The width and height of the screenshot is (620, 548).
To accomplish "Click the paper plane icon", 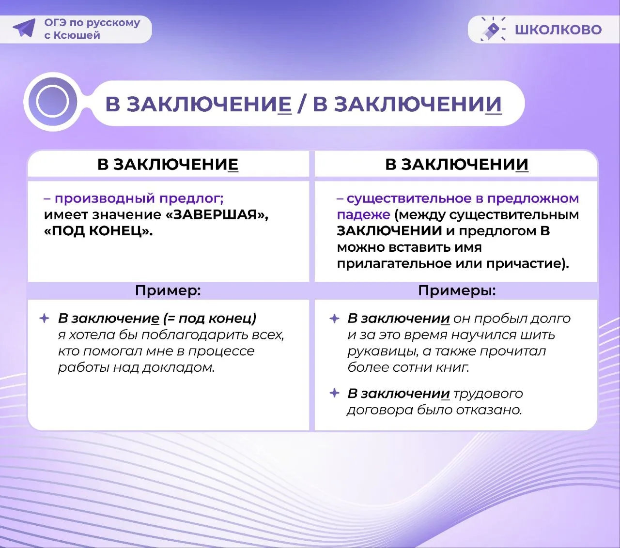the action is click(x=25, y=28).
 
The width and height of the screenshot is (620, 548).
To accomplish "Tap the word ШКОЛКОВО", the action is click(x=558, y=30).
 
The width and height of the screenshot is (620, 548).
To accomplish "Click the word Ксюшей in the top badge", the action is click(x=77, y=35).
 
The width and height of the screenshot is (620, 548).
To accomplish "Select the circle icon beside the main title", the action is click(x=53, y=102).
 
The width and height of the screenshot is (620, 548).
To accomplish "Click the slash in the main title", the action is click(x=301, y=104).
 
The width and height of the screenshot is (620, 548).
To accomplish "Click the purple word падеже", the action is click(x=364, y=215).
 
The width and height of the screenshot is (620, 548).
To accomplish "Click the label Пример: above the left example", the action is click(x=168, y=290).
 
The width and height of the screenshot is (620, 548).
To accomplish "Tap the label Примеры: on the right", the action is click(x=457, y=290).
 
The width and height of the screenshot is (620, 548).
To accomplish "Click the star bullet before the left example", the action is click(x=45, y=319).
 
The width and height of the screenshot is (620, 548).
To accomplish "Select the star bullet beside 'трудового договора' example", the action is click(x=335, y=393).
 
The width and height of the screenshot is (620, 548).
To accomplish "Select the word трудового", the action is click(x=488, y=394).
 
